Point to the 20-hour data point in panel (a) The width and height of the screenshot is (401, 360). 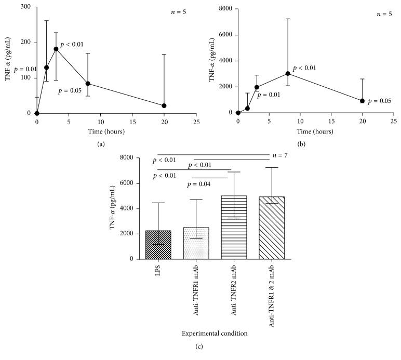164,105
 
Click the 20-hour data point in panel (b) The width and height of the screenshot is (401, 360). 362,101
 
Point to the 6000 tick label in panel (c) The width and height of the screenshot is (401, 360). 128,183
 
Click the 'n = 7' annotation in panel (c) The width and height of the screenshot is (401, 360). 279,156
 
